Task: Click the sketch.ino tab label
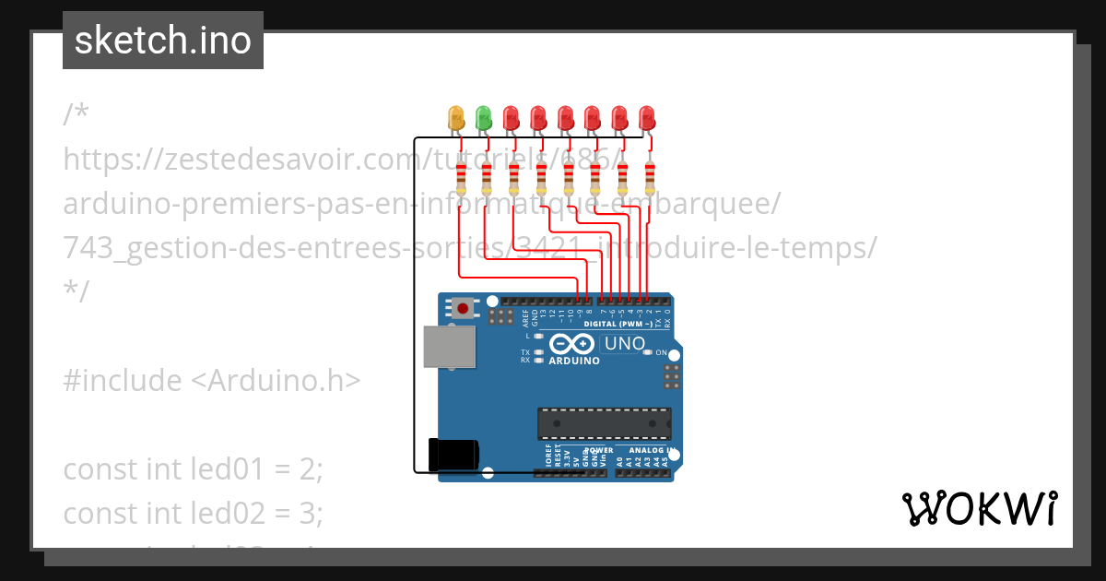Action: click(x=163, y=41)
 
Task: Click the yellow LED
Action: click(x=455, y=118)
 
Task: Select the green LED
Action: click(x=483, y=118)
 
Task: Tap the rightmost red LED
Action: click(x=647, y=118)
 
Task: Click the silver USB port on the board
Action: click(x=449, y=348)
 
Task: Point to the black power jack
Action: click(x=453, y=455)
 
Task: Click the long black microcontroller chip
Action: click(x=604, y=422)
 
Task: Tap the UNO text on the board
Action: click(x=624, y=344)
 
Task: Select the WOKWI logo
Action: click(x=979, y=509)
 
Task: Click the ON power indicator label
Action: click(x=660, y=353)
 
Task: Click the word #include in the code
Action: click(x=123, y=380)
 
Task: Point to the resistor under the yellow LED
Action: click(x=460, y=176)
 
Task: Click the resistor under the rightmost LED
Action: click(x=650, y=174)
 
